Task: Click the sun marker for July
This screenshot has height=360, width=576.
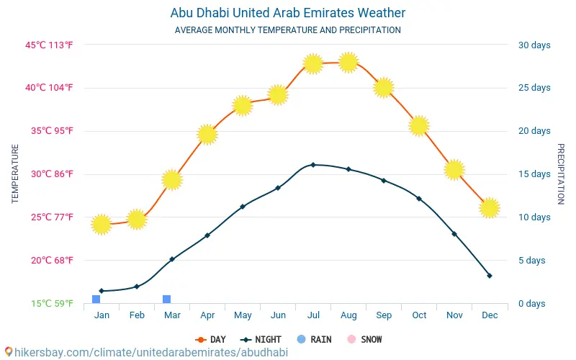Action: click(x=313, y=64)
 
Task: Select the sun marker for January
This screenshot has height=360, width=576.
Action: click(x=102, y=225)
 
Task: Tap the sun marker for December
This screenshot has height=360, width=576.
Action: click(x=490, y=208)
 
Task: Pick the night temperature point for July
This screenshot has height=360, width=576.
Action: click(x=313, y=165)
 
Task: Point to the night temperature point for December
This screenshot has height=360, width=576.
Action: click(x=490, y=276)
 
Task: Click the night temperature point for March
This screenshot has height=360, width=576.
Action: click(x=172, y=259)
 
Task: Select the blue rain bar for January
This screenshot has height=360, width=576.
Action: click(x=96, y=299)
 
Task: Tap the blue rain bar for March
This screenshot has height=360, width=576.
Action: click(x=167, y=299)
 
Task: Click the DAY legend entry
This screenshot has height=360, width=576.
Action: click(x=211, y=339)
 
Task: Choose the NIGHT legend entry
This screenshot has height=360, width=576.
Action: click(x=261, y=339)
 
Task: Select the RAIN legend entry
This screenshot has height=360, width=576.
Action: click(x=314, y=339)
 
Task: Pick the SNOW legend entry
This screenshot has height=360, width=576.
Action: click(x=365, y=339)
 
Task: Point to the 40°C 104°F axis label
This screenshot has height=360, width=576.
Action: click(x=49, y=87)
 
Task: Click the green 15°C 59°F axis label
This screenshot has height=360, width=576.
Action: click(x=52, y=303)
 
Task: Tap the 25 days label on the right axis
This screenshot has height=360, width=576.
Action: click(x=534, y=87)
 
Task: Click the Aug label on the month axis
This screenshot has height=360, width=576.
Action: click(x=348, y=315)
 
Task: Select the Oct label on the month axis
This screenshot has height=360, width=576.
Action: click(x=419, y=315)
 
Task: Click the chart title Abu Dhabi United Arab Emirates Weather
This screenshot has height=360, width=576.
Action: click(x=287, y=13)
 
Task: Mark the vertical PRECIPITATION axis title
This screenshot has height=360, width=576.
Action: click(x=561, y=174)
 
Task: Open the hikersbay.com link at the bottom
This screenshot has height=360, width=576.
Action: click(x=147, y=352)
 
